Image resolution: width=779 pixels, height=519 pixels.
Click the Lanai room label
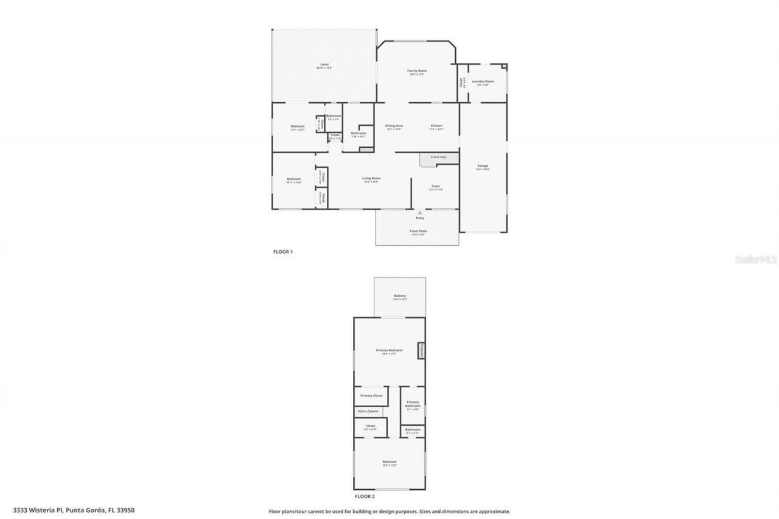click(324, 64)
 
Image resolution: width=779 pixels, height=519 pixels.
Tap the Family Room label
click(417, 71)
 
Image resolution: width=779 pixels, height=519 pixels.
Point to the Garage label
click(483, 166)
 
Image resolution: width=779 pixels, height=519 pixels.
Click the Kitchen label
click(436, 126)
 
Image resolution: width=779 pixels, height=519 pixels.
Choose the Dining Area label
click(394, 126)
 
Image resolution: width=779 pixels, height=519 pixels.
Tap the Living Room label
click(372, 178)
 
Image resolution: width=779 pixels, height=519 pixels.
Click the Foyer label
click(436, 186)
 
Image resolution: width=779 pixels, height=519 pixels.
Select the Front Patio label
click(418, 231)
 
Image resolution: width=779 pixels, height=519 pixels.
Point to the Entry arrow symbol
click(420, 212)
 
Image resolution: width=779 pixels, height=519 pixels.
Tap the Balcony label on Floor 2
click(399, 296)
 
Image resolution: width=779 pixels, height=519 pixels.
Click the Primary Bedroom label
click(389, 350)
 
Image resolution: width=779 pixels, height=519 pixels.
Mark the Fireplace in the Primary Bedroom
click(420, 351)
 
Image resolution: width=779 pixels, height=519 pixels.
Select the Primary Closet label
click(371, 395)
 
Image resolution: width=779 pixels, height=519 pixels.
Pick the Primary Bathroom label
click(413, 403)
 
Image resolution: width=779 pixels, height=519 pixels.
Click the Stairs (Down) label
click(368, 411)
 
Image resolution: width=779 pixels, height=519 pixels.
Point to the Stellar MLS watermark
click(756, 259)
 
